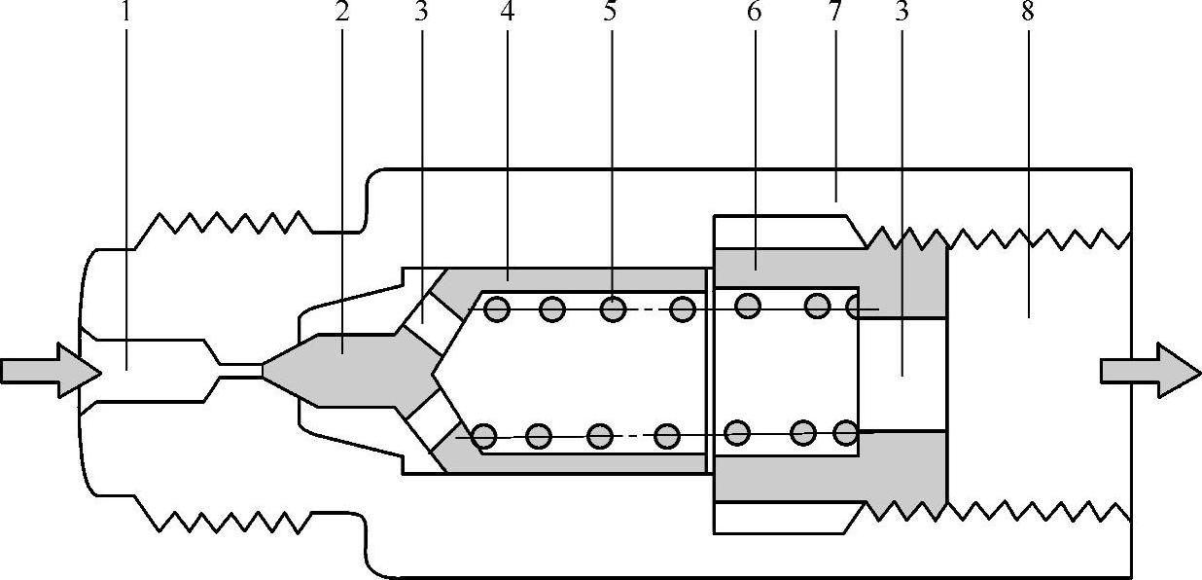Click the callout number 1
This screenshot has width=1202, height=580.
pos(125,14)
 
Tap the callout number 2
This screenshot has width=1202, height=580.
pos(341,14)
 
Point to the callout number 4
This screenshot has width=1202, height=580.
pos(507,14)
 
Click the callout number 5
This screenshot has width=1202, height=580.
pos(611,14)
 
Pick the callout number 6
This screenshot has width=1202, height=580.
pos(755,14)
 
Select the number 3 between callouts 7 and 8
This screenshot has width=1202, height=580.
pos(901,14)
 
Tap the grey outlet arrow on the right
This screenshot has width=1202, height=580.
pos(1149,371)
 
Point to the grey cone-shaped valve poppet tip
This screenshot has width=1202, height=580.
pos(292,371)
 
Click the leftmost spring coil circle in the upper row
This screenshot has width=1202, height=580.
pos(497,309)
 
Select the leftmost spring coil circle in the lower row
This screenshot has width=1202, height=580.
pos(483,438)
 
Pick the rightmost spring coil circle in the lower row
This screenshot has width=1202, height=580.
pos(845,430)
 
